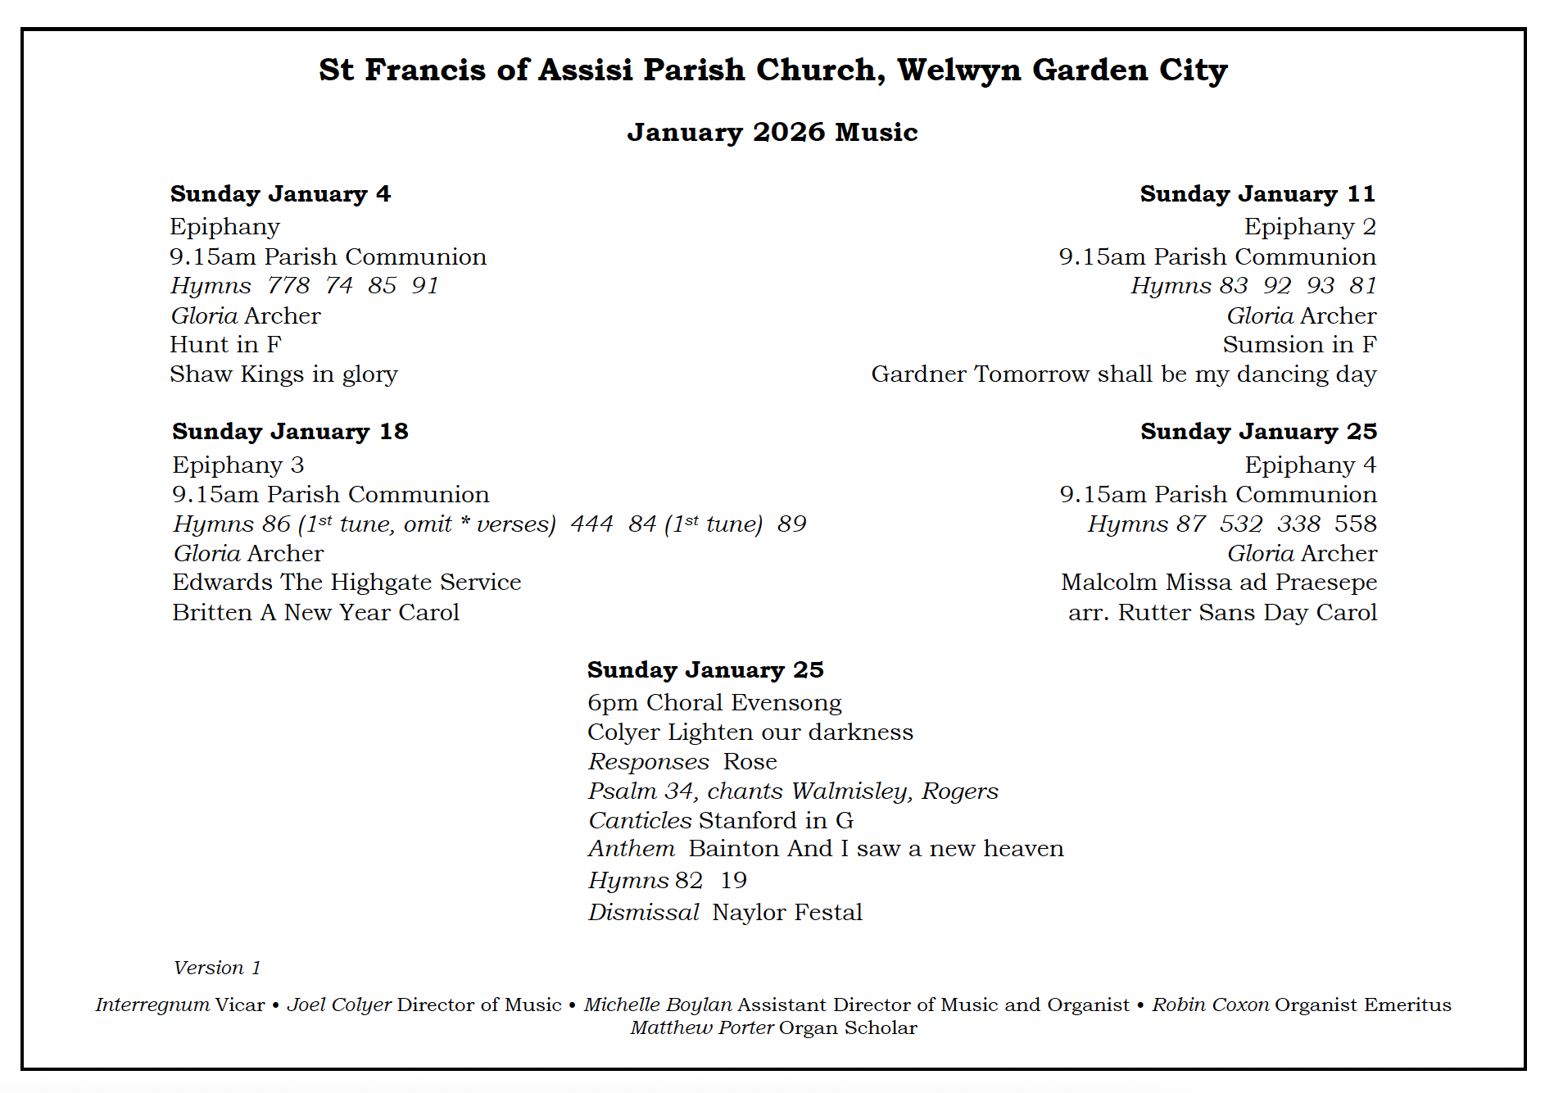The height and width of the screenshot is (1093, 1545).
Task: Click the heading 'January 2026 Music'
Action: [772, 132]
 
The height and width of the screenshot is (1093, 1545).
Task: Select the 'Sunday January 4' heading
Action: [280, 194]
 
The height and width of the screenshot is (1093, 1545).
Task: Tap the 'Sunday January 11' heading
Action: [1257, 194]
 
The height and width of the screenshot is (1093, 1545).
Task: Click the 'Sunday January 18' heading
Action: [290, 432]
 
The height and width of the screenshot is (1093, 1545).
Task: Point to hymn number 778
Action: [288, 286]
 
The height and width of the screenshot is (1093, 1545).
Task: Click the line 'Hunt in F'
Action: [225, 345]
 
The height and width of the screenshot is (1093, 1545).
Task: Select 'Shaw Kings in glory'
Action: [283, 374]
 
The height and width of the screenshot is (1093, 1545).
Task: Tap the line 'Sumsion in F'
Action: [1299, 345]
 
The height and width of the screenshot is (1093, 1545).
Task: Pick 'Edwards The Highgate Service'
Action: [347, 583]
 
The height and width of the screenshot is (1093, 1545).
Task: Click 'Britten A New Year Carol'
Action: [315, 613]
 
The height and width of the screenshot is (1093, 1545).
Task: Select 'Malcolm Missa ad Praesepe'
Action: [1219, 583]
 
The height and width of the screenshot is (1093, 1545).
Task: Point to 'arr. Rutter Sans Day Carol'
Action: [1222, 613]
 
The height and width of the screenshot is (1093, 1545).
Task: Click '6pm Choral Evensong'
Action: [714, 703]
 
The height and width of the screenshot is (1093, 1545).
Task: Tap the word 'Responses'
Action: [649, 762]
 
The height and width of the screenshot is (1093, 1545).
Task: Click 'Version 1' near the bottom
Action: [217, 968]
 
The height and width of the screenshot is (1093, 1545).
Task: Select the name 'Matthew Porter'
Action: [702, 1028]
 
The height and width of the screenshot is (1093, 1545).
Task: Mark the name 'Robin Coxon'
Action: [1211, 1005]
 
